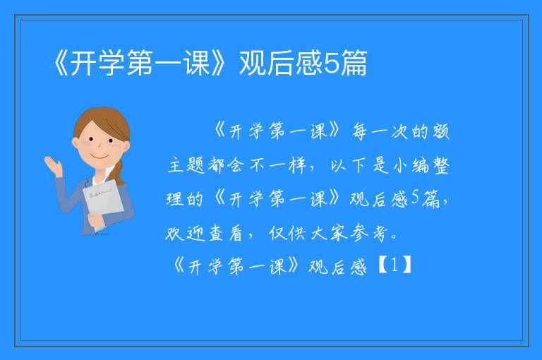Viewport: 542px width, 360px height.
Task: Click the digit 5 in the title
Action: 332,64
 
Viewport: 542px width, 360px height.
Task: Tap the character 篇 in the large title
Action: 354,63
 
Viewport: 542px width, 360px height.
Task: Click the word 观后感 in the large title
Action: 281,63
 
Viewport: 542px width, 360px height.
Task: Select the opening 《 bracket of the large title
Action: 61,63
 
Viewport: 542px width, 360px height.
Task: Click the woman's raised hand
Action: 53,165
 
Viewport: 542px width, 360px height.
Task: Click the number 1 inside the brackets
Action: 395,265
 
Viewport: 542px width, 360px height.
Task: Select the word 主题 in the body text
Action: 186,165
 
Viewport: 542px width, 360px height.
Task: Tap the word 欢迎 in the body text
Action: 186,233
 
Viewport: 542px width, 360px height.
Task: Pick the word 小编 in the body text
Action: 411,165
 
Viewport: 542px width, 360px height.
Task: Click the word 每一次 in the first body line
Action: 380,131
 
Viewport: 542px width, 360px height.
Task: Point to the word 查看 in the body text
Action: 226,233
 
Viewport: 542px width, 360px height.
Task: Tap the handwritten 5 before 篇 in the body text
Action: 415,198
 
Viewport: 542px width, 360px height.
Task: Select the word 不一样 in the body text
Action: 279,165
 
